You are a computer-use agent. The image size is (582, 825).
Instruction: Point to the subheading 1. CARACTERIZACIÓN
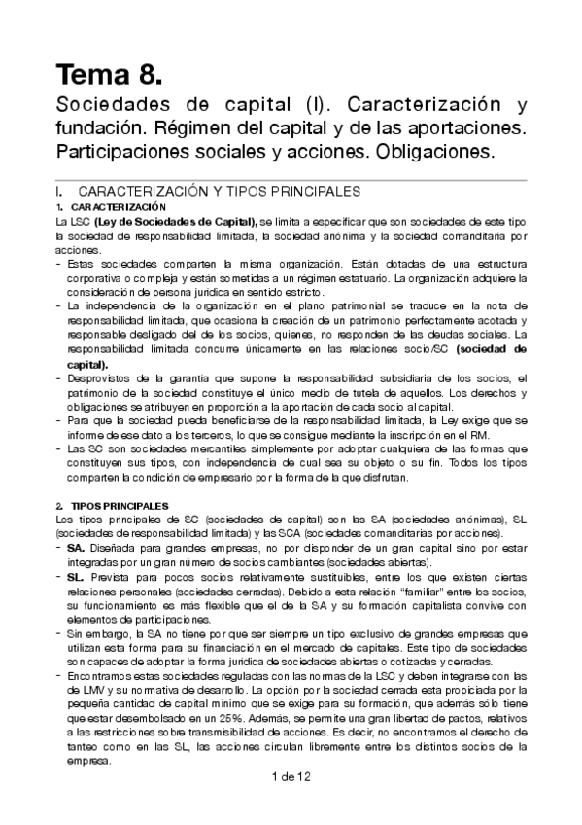tap(112, 208)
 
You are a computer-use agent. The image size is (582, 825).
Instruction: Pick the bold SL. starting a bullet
tap(77, 578)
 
